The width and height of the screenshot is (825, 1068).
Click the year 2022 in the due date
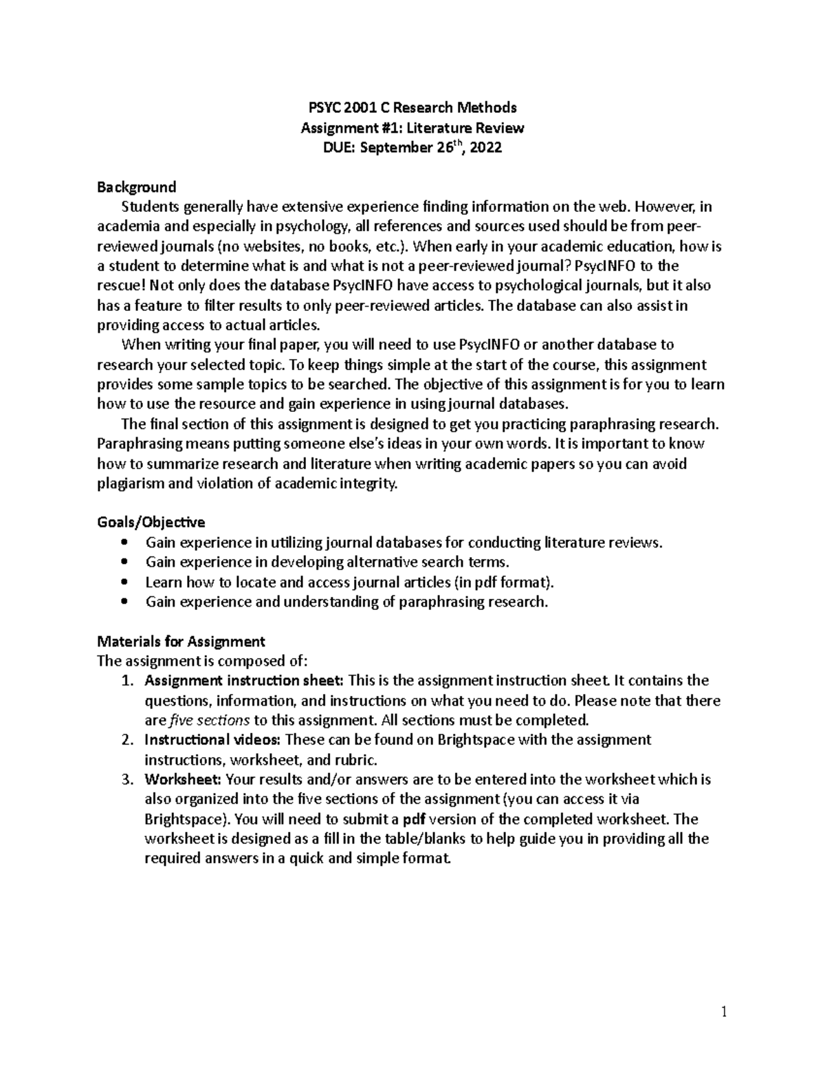[485, 148]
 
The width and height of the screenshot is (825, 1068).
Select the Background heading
[137, 187]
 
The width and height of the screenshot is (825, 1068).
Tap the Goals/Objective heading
[151, 522]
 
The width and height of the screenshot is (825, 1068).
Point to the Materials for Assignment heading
[181, 642]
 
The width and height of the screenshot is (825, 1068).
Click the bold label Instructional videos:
[212, 740]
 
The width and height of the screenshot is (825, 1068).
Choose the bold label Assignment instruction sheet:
[244, 681]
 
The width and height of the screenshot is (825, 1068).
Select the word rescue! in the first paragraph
[118, 285]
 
